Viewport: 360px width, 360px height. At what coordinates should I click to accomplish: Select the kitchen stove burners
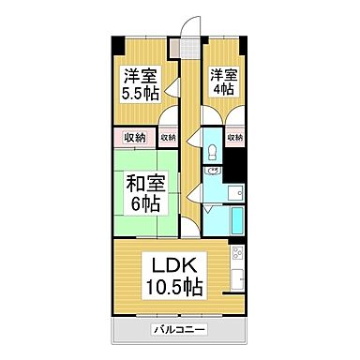point(235,254)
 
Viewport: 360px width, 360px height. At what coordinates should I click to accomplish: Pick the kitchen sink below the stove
point(235,277)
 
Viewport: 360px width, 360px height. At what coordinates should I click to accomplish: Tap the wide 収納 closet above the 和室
point(134,138)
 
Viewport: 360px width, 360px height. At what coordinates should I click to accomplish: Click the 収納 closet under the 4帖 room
point(235,137)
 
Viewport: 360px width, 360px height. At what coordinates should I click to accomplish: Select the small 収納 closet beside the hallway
point(168,138)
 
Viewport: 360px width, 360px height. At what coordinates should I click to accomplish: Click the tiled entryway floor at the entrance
point(192,51)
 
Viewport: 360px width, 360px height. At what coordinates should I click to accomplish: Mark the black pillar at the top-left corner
point(117,43)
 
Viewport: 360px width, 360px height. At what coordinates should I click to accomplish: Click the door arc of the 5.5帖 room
point(170,114)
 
